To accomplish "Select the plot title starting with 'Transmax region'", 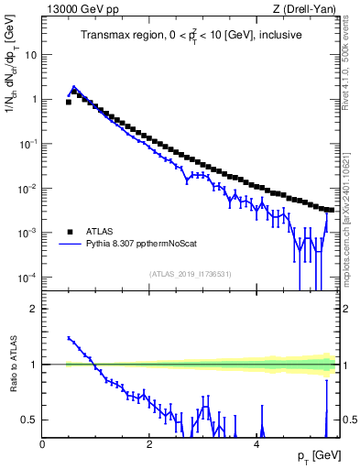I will [x=191, y=36].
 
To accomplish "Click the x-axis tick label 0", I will [x=43, y=444].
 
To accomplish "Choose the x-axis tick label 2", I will [x=149, y=444].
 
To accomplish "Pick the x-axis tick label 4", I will [x=256, y=444].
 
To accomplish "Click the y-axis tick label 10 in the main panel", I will [x=30, y=54].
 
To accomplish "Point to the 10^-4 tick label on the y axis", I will [x=28, y=278].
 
